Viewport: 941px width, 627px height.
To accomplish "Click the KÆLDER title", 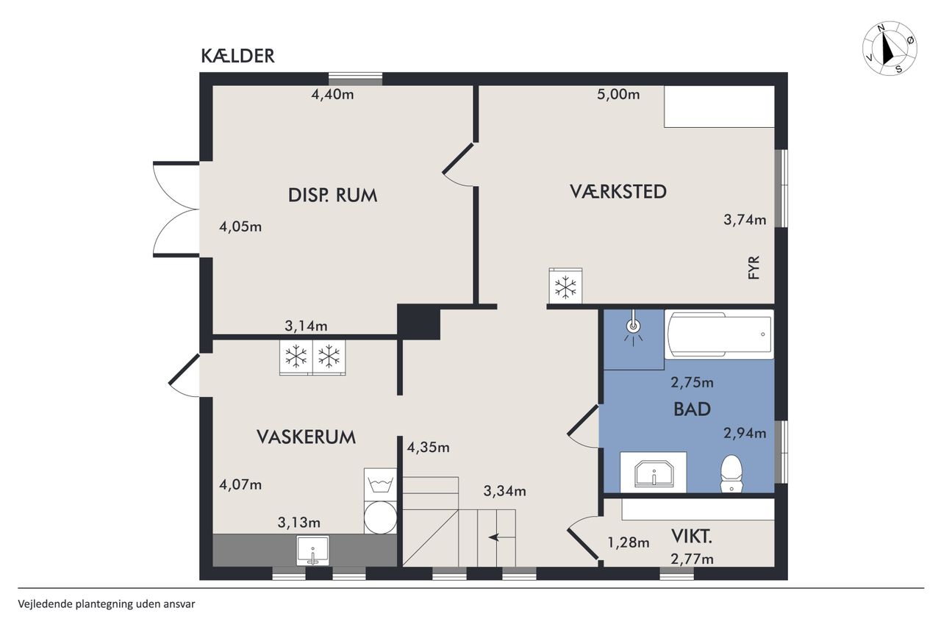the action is click(237, 56).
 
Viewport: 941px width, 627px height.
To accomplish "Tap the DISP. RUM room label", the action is click(333, 196).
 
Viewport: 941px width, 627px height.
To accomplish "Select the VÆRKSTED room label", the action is click(618, 191).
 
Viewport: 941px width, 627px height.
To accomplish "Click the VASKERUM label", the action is click(307, 437).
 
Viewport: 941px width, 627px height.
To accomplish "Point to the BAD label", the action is click(692, 409).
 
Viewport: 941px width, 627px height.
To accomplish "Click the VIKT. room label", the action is click(692, 537).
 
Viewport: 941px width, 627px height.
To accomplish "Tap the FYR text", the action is click(754, 268).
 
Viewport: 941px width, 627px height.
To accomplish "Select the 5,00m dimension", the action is click(618, 95).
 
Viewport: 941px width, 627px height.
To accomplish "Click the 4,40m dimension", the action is click(332, 95).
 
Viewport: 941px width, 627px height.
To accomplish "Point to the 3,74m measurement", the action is click(745, 220).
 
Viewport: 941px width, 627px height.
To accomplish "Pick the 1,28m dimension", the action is click(629, 542).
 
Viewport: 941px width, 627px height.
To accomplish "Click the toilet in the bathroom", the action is click(731, 473).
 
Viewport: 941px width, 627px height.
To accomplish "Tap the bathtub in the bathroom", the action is click(719, 334).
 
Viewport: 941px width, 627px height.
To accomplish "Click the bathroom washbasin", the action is click(654, 473).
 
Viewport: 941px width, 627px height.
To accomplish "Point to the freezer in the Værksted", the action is click(565, 286).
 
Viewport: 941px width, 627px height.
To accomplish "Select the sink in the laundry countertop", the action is click(313, 551).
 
